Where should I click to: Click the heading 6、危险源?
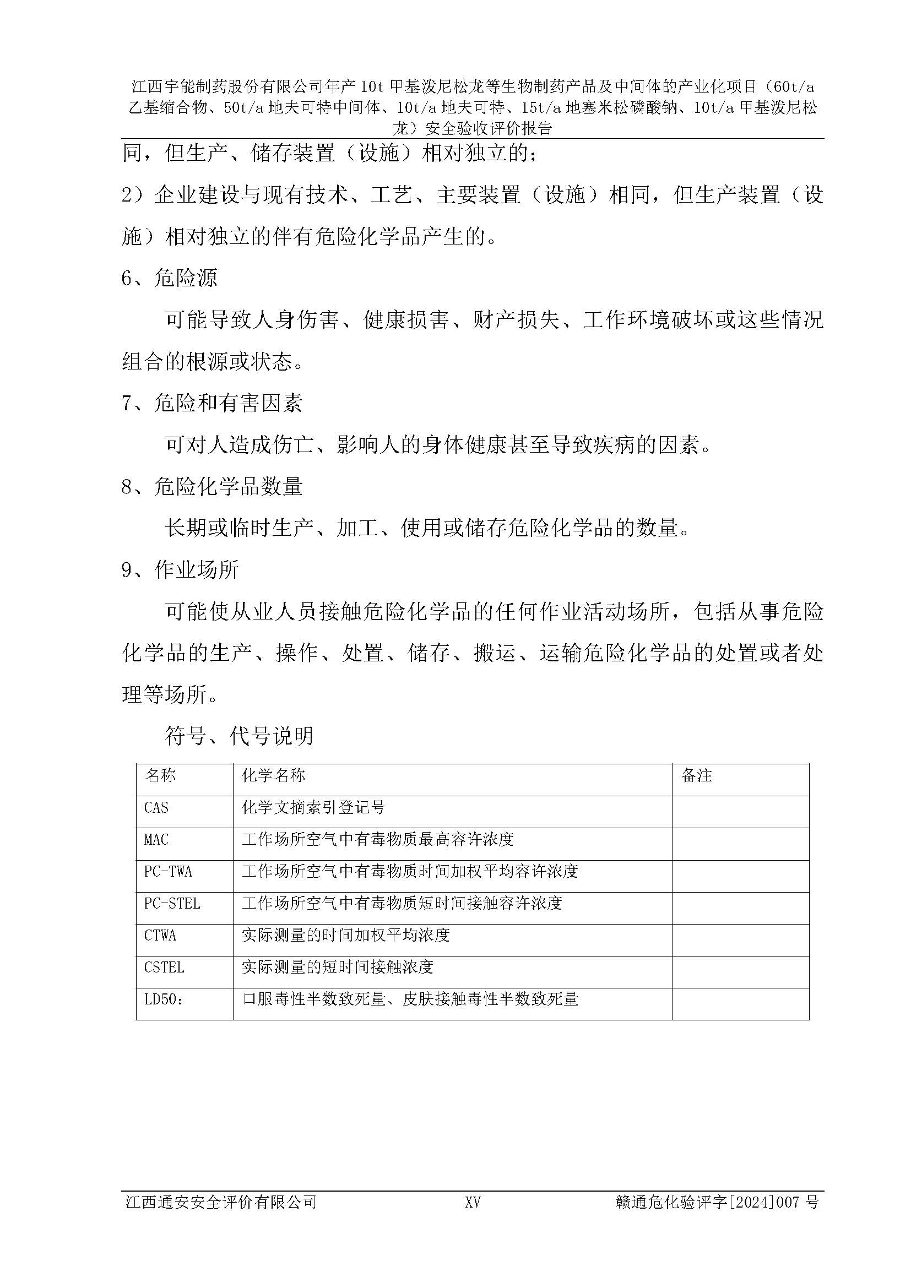click(x=170, y=278)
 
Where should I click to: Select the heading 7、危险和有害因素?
click(x=212, y=403)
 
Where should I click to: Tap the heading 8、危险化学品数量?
click(x=212, y=486)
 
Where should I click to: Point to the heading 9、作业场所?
click(x=180, y=570)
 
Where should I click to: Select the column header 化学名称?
click(x=273, y=776)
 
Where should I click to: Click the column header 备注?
click(x=696, y=776)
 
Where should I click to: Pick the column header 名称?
click(x=160, y=776)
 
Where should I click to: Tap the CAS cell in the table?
click(x=156, y=808)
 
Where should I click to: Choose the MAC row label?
click(x=156, y=840)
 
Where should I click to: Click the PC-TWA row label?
click(x=168, y=872)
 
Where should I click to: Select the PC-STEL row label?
click(x=172, y=904)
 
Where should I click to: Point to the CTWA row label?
click(x=160, y=936)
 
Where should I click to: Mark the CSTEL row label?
click(x=164, y=968)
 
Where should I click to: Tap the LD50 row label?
click(x=162, y=999)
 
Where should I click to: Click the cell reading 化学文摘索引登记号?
click(x=313, y=808)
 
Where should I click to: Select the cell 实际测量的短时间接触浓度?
click(x=337, y=968)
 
